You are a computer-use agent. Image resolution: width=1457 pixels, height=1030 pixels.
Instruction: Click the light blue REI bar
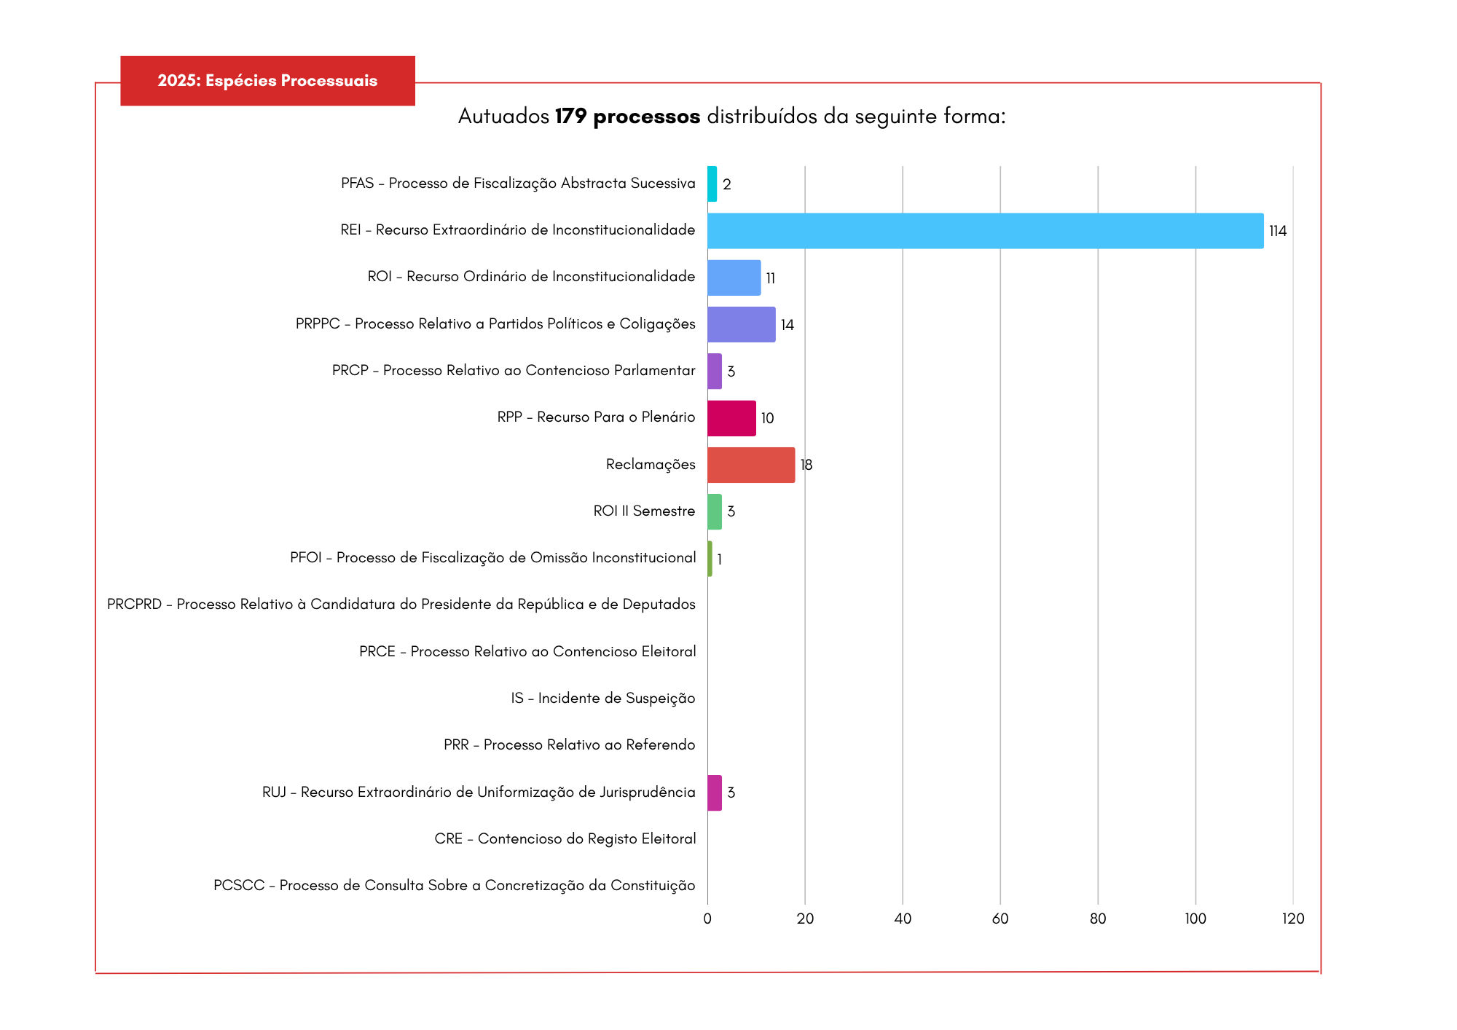tap(985, 231)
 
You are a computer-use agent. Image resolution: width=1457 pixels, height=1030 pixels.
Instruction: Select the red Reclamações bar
tap(751, 465)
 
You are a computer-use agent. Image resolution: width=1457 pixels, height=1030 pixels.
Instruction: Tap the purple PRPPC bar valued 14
tap(741, 324)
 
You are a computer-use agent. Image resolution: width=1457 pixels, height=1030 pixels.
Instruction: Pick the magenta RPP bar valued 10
tap(731, 418)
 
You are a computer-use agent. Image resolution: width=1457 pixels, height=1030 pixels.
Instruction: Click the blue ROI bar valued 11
tap(734, 278)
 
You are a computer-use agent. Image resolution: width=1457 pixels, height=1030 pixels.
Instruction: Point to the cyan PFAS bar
tap(712, 184)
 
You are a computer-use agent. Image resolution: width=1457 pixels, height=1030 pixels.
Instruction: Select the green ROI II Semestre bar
tap(715, 511)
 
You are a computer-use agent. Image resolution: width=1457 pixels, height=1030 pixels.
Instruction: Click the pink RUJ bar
tap(715, 793)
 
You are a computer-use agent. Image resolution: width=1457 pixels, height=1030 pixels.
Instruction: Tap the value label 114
tap(1278, 231)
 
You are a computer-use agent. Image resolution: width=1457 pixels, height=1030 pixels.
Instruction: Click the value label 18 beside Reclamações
tap(806, 465)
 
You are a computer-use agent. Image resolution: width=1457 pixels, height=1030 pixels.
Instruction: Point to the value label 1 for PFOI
tap(719, 559)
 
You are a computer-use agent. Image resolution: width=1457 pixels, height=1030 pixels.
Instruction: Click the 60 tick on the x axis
tap(1000, 919)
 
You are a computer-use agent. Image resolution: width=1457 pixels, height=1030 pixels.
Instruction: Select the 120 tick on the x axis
tap(1293, 919)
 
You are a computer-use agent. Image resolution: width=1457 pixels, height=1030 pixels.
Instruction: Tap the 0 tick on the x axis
tap(707, 919)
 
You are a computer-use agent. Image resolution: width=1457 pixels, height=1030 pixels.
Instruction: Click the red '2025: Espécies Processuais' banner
tap(267, 81)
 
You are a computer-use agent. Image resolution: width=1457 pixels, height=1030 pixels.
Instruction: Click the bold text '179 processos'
tap(627, 117)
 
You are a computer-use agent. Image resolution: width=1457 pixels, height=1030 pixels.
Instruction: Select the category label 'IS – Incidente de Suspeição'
tap(603, 698)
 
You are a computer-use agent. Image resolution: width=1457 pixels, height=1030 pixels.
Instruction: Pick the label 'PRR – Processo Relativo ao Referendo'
tap(570, 744)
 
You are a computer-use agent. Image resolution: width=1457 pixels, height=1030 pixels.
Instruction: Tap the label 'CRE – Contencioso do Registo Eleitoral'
tap(565, 838)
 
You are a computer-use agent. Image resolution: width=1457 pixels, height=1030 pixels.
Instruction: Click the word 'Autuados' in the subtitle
tap(503, 117)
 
